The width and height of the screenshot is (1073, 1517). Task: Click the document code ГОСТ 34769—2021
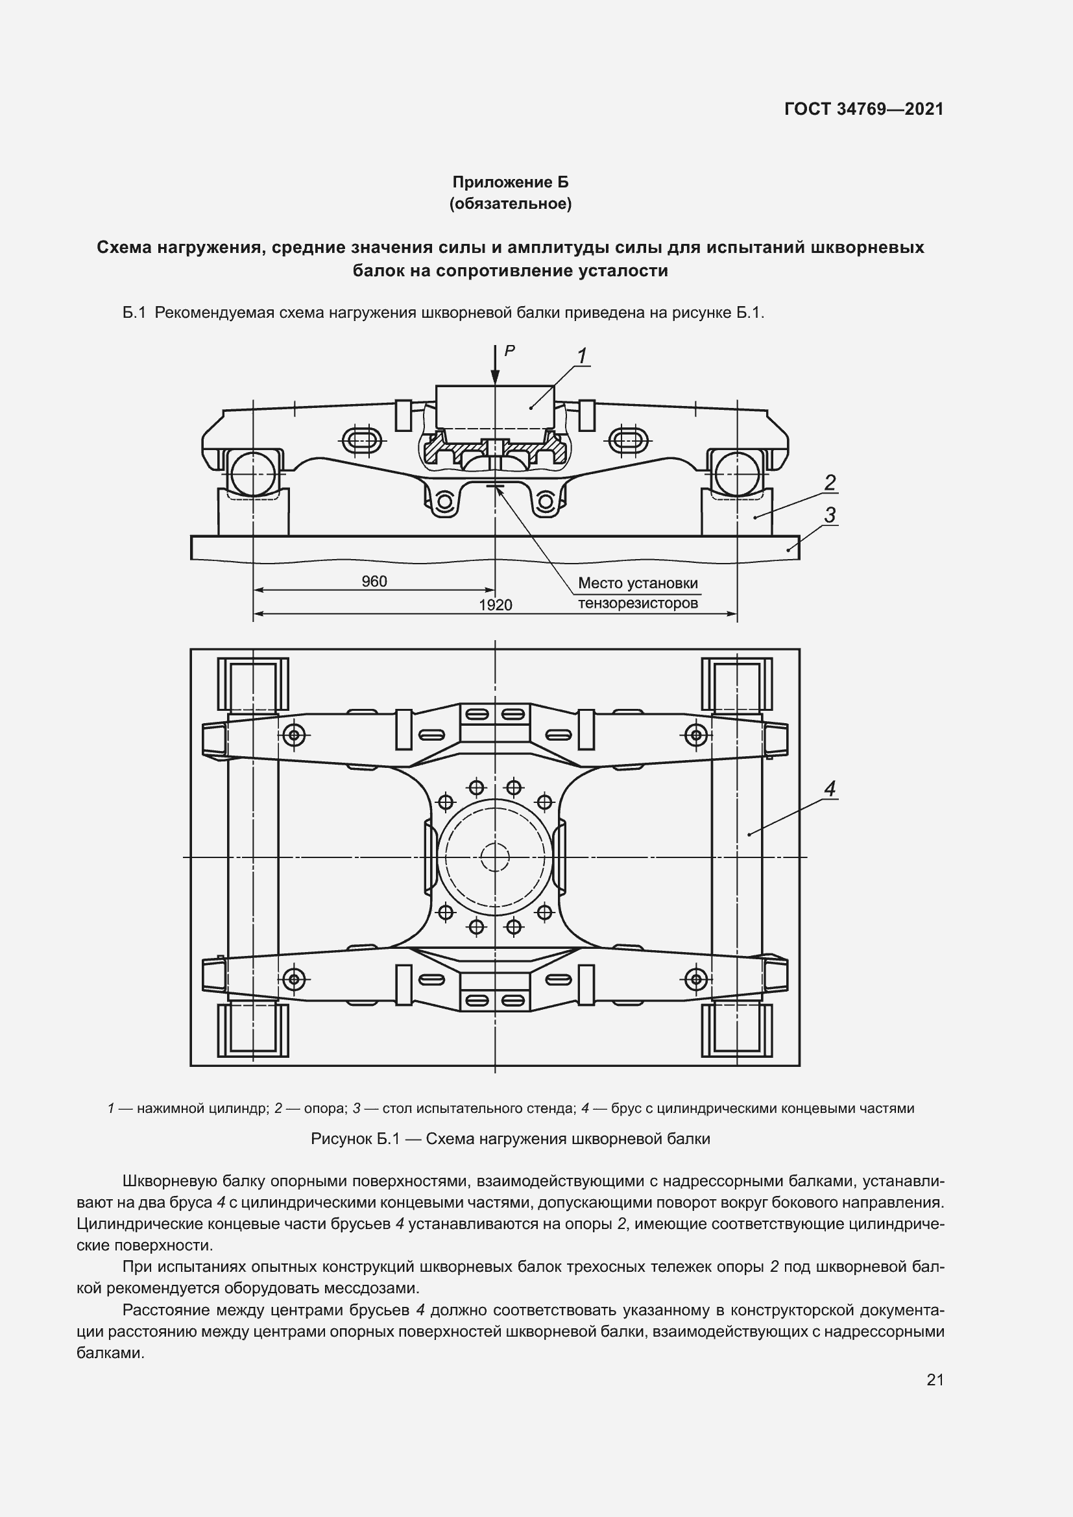click(863, 109)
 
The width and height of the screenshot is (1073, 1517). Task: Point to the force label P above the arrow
click(509, 352)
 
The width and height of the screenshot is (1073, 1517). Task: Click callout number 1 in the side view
click(582, 356)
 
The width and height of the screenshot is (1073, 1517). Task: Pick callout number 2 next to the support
click(830, 483)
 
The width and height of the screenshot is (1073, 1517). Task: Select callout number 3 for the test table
click(830, 514)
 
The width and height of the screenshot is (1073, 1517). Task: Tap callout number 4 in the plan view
click(830, 788)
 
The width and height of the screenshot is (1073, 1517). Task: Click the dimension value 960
click(374, 581)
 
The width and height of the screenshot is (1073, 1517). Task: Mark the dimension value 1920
click(495, 605)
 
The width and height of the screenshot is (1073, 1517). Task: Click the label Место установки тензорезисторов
click(638, 593)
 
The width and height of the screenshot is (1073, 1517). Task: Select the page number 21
click(935, 1380)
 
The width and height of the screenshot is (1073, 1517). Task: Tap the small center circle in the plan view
click(495, 857)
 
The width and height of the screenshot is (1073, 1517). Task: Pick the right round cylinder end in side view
click(737, 473)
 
